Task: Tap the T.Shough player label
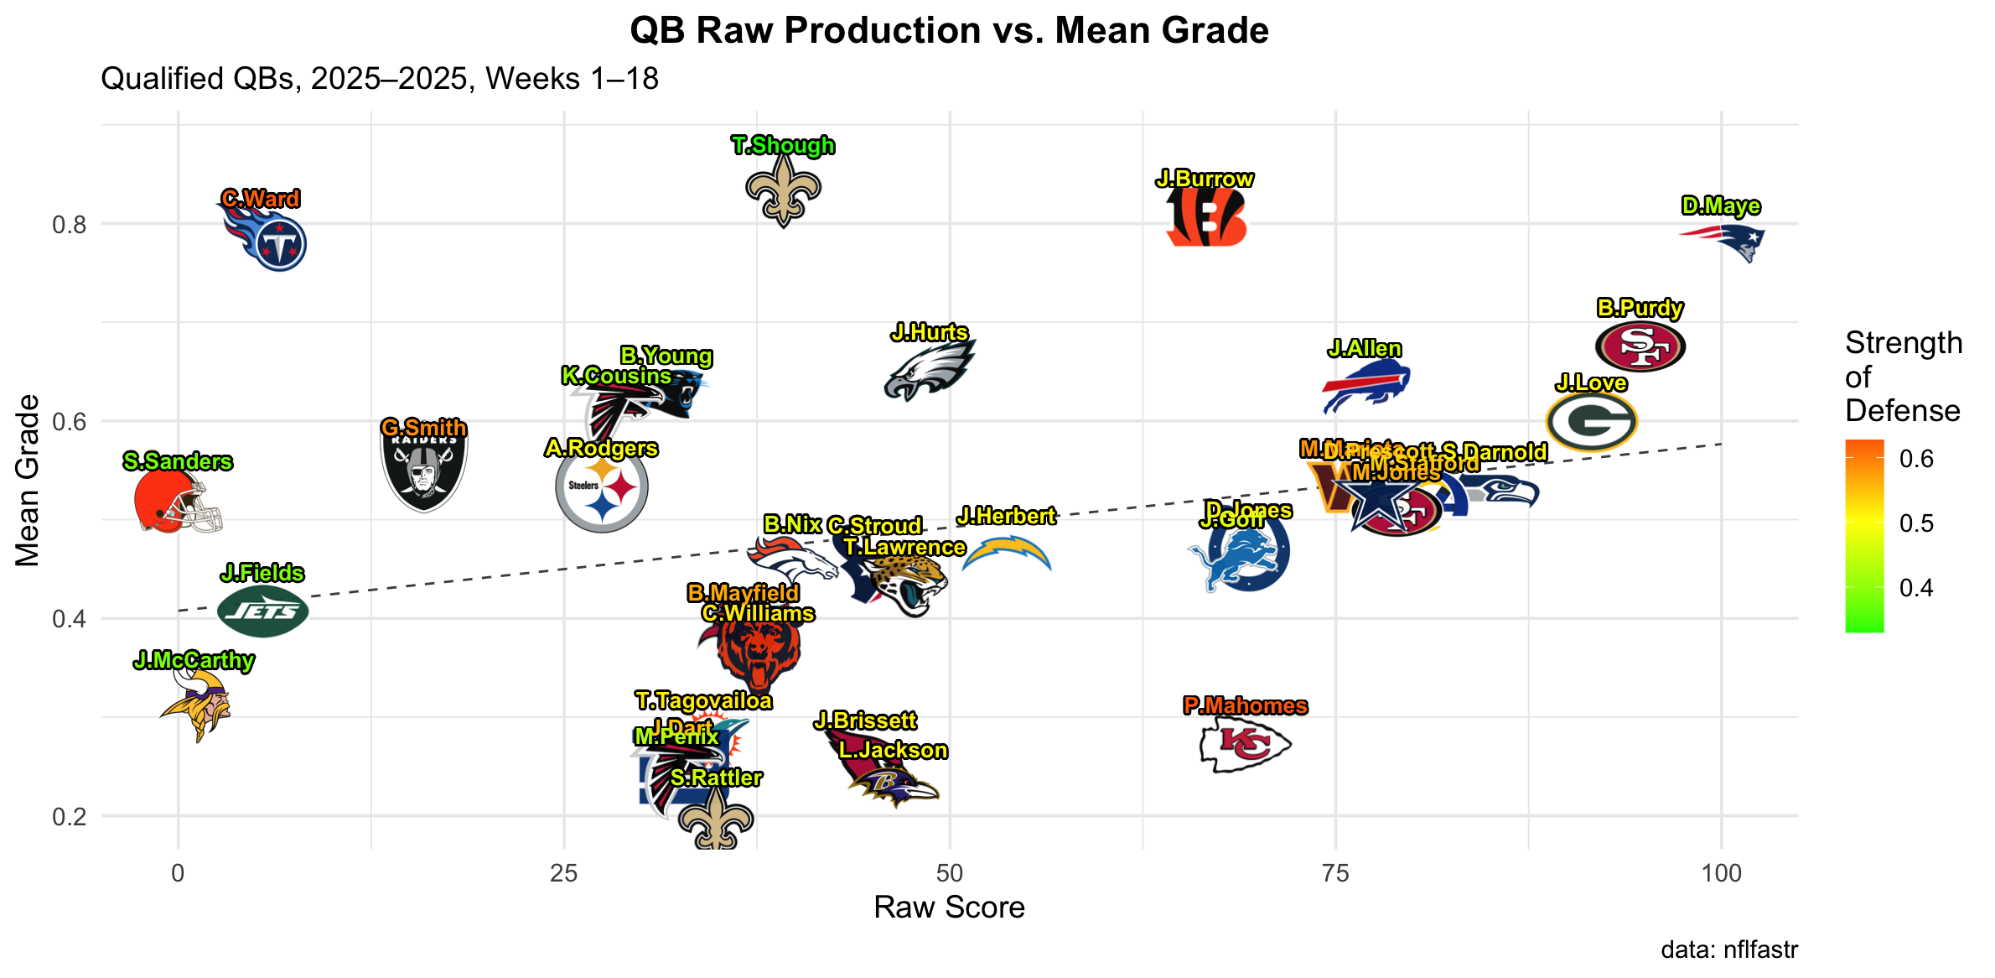click(782, 145)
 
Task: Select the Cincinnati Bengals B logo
click(1206, 217)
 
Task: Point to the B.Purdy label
click(1640, 308)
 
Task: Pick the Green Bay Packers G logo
click(1590, 422)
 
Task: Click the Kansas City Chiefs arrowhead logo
click(1244, 745)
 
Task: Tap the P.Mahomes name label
click(1245, 706)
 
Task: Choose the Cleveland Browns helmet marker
click(176, 502)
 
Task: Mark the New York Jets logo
click(262, 611)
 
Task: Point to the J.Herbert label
click(1006, 516)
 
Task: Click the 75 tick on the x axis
click(1335, 873)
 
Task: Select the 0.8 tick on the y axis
click(70, 225)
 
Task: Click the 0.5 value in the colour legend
click(1916, 523)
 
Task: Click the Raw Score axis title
click(949, 908)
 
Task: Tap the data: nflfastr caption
click(1728, 949)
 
